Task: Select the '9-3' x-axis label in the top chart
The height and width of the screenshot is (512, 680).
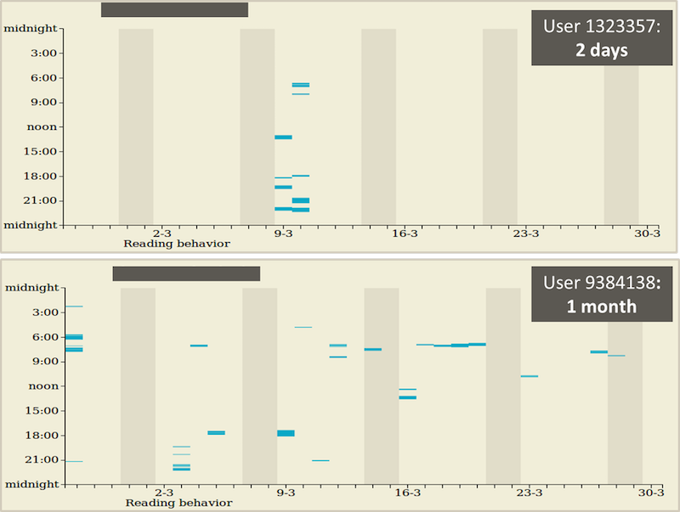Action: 284,233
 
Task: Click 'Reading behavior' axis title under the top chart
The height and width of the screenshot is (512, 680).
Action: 177,244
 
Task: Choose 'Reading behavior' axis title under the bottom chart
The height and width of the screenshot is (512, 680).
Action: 178,504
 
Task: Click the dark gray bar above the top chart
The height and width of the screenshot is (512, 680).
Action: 174,9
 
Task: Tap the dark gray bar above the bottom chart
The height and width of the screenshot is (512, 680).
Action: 186,273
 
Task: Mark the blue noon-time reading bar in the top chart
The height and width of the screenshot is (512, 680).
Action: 283,137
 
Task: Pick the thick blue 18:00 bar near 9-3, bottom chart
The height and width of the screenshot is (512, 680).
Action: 286,433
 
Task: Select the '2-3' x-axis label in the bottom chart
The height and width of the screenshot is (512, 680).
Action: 164,492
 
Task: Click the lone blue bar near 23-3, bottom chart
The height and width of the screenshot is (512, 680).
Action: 529,376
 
